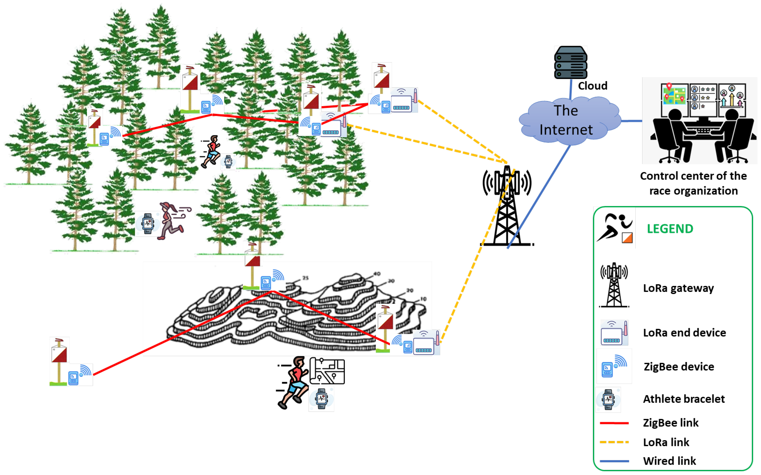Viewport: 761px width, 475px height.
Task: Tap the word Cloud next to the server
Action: [x=593, y=86]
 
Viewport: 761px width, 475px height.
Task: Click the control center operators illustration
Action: [x=699, y=121]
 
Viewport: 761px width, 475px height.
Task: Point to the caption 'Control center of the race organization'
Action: [x=694, y=183]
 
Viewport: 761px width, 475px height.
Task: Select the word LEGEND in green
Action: [x=670, y=229]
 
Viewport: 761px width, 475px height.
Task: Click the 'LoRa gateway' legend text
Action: [x=678, y=288]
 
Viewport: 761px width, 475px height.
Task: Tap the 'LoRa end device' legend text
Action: [x=684, y=333]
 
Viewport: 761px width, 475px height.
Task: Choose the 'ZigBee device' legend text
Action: [x=679, y=367]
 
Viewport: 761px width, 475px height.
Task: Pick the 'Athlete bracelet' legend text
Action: [x=684, y=399]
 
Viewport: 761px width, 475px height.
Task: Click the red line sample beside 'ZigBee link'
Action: [x=614, y=423]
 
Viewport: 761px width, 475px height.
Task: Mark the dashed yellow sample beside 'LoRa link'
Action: [x=614, y=442]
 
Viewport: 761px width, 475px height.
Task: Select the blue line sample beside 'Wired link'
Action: [x=614, y=461]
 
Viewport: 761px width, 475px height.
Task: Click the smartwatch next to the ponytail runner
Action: [x=148, y=223]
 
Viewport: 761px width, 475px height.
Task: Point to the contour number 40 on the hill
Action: [x=377, y=274]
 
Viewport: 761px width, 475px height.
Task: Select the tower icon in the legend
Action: [x=614, y=285]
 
